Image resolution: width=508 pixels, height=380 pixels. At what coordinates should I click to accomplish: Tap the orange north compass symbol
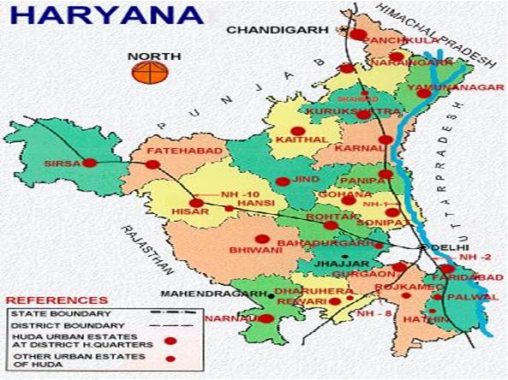tap(146, 72)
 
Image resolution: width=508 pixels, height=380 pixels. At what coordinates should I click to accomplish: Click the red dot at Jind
tap(283, 181)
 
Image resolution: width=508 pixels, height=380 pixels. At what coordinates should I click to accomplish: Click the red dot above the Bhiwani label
tap(262, 239)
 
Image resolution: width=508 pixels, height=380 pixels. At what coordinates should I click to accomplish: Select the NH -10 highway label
tap(240, 194)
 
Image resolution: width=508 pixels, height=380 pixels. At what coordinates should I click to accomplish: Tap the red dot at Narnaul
tap(266, 318)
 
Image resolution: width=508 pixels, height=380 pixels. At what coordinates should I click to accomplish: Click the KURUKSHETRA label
tap(353, 112)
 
